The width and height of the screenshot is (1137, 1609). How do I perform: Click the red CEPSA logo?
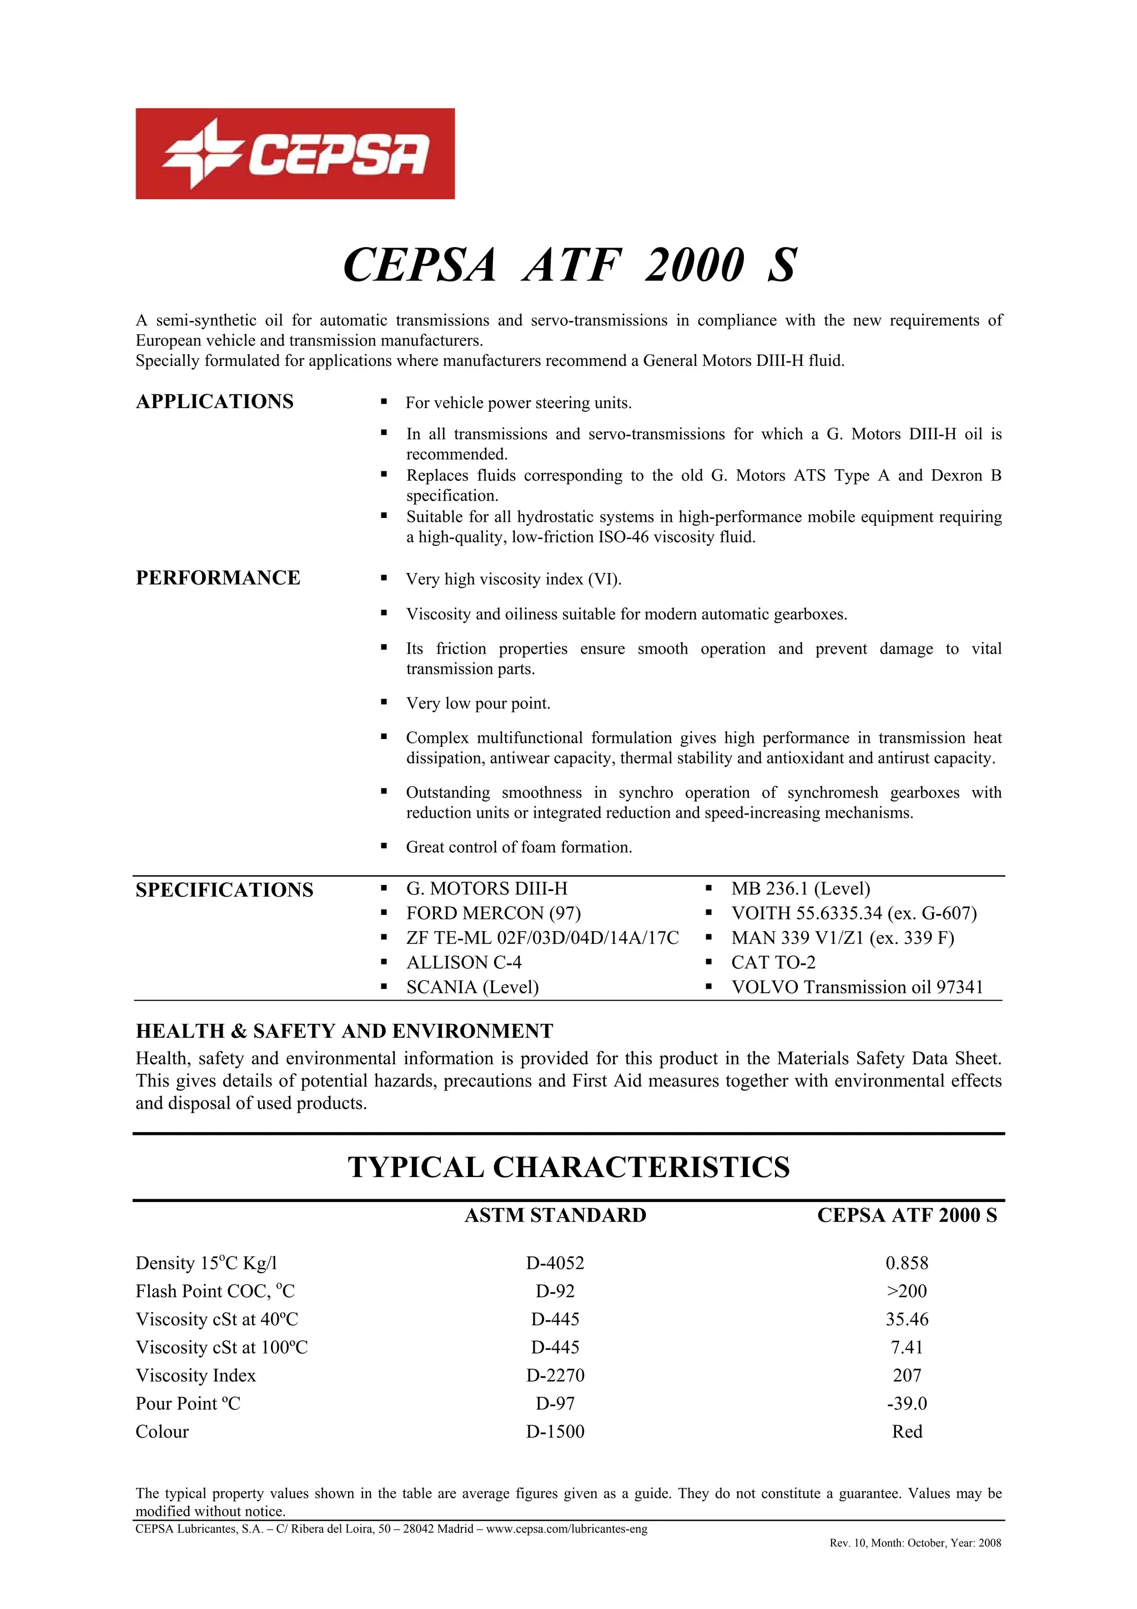(x=295, y=153)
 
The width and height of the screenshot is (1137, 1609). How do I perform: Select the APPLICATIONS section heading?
(x=214, y=401)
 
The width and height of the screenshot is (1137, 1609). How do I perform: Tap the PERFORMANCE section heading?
(x=218, y=577)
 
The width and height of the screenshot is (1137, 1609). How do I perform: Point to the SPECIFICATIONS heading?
(x=224, y=890)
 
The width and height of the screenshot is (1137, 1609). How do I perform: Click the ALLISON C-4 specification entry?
(x=464, y=962)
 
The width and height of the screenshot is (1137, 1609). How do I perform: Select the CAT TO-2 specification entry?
(x=773, y=962)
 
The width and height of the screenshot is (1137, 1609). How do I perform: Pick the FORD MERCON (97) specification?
(x=493, y=913)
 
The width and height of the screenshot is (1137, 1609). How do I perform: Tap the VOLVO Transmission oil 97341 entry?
(x=857, y=987)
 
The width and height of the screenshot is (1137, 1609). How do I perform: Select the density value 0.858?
(x=907, y=1263)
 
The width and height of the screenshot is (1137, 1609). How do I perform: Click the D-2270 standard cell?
(x=555, y=1375)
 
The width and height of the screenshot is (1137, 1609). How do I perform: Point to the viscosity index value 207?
(x=907, y=1375)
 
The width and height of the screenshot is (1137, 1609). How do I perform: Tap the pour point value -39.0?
(x=907, y=1403)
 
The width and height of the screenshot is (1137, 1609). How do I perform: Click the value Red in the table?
(x=907, y=1431)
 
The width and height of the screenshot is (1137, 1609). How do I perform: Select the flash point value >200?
(x=907, y=1291)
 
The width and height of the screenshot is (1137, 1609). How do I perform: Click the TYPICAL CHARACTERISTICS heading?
(x=569, y=1168)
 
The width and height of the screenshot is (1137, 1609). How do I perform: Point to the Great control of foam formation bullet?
(x=519, y=847)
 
